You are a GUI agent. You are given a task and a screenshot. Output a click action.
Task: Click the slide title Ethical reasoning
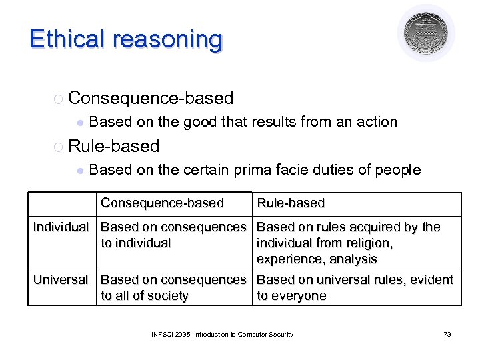coord(126,39)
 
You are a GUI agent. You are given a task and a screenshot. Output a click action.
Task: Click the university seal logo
coord(426,33)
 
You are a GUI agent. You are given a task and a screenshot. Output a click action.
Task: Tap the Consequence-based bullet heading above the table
coord(151,99)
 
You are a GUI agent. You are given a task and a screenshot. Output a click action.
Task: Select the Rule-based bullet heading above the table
coord(114,146)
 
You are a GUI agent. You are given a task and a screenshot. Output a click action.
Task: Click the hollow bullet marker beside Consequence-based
coord(58,99)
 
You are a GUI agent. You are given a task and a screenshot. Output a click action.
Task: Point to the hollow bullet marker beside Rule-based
coord(58,147)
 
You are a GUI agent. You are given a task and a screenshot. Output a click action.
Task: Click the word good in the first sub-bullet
coord(200,122)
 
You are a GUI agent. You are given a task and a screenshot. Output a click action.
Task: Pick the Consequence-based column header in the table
coord(162,203)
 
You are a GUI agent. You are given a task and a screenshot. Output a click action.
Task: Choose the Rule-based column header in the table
coord(291,203)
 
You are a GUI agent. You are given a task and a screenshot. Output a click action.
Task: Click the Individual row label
coord(61,227)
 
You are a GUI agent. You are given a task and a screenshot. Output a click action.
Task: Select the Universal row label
coord(61,279)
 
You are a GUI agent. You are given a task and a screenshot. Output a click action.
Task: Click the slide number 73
coord(447,334)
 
